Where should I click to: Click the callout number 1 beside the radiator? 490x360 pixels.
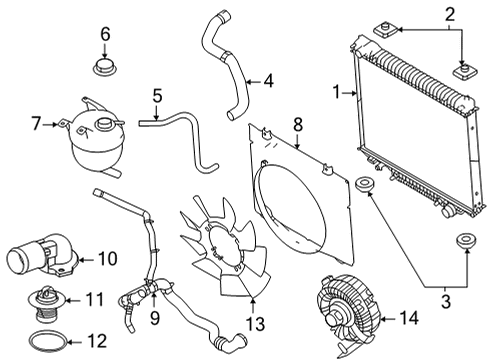point(336,93)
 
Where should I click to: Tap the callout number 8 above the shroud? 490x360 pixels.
point(297,125)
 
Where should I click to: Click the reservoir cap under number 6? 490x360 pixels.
point(104,70)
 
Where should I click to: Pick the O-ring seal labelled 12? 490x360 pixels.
point(45,341)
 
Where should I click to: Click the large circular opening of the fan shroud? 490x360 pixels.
point(297,201)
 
